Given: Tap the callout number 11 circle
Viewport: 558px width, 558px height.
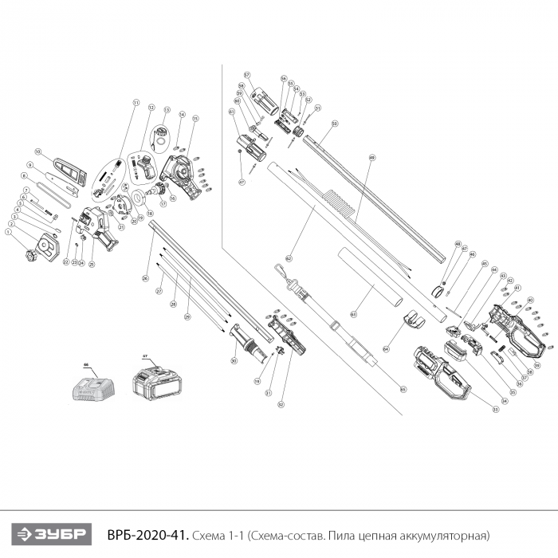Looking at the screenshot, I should pyautogui.click(x=136, y=104).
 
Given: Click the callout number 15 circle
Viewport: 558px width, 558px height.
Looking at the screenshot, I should pyautogui.click(x=195, y=119).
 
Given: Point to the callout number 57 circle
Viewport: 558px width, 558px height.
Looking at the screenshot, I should pyautogui.click(x=247, y=74).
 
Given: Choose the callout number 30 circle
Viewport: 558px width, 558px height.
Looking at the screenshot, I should pyautogui.click(x=234, y=361).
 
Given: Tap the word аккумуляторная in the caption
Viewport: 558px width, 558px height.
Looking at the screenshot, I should pyautogui.click(x=446, y=533).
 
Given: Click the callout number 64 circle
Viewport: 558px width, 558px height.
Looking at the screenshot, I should pyautogui.click(x=386, y=348).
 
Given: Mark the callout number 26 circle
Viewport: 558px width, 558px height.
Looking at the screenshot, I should pyautogui.click(x=145, y=278).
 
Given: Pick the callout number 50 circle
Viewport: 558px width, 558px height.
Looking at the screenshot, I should pyautogui.click(x=335, y=124).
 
